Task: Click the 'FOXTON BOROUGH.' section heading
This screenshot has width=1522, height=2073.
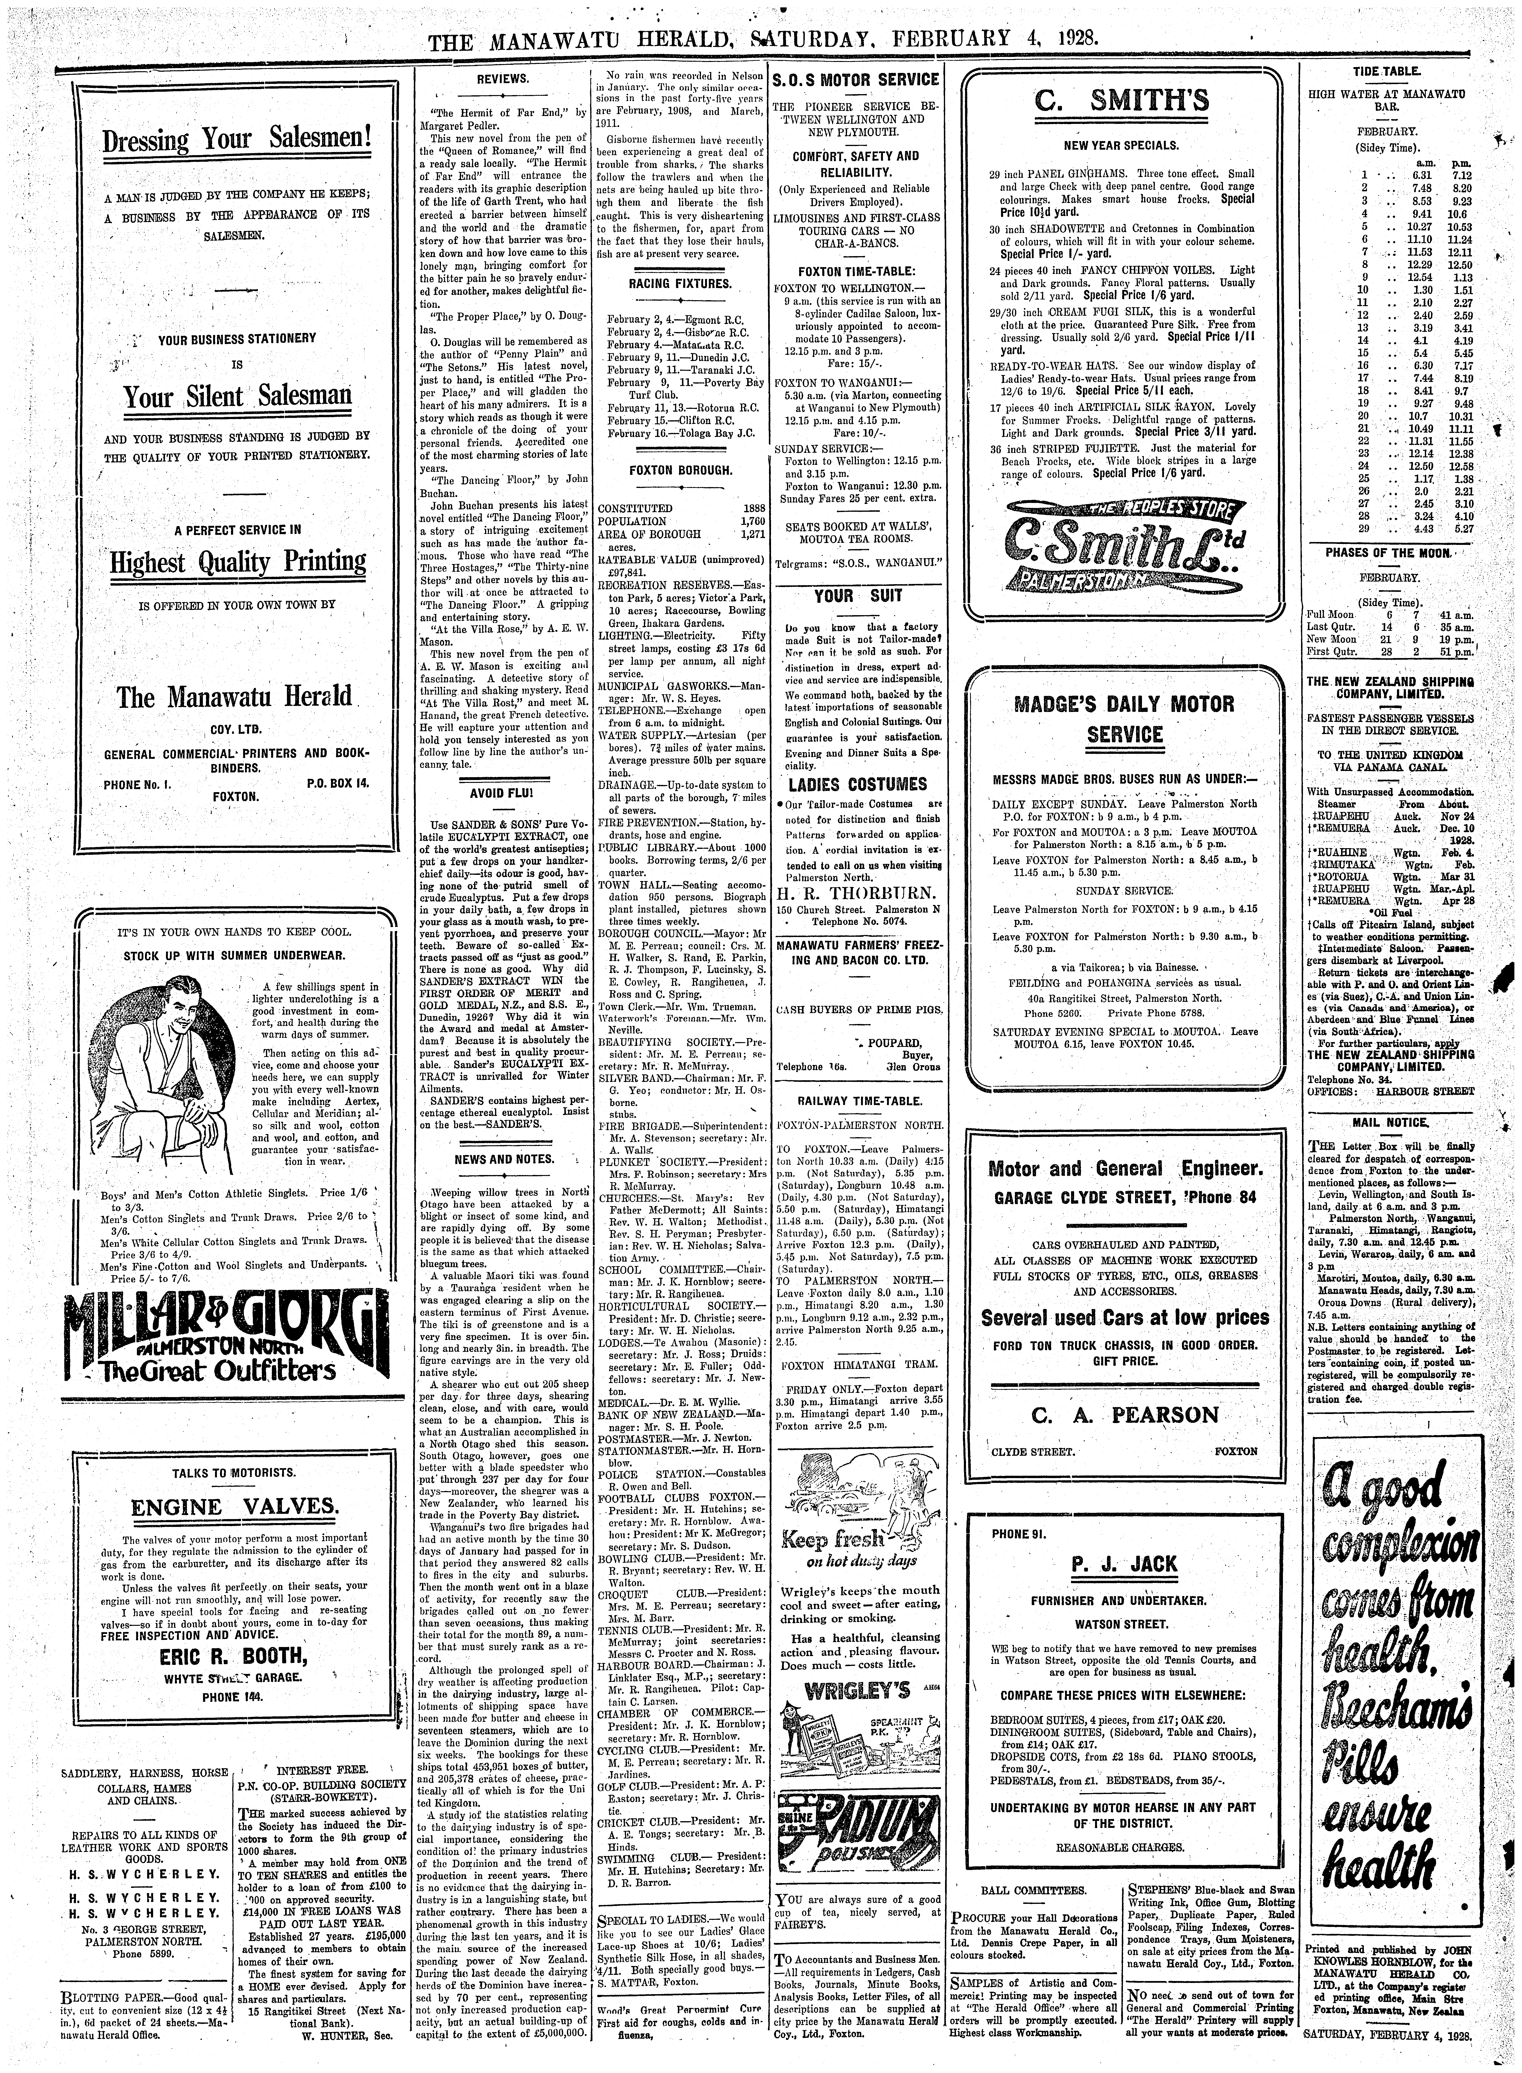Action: pyautogui.click(x=680, y=470)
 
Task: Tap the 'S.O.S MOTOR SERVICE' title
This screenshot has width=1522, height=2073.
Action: pyautogui.click(x=856, y=80)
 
